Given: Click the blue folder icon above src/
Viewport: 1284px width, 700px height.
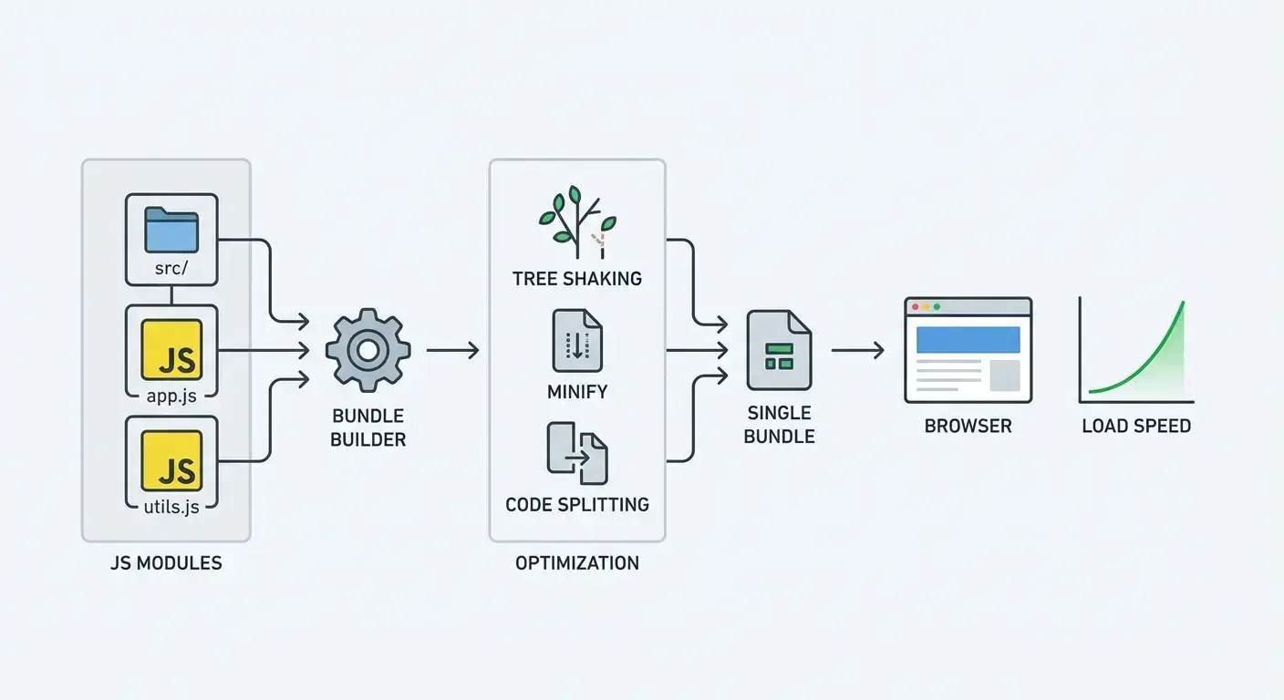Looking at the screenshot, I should coord(171,230).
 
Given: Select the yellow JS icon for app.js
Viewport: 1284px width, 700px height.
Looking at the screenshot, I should coord(171,350).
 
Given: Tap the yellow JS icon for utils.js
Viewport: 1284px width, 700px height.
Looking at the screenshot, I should coord(171,461).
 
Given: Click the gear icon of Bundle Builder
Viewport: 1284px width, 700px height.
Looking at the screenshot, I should coord(368,350).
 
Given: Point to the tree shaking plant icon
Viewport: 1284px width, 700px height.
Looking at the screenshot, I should coord(576,221).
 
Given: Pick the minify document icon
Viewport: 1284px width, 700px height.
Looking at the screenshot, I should coord(576,340).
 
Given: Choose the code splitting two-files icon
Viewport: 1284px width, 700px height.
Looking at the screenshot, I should coord(576,453).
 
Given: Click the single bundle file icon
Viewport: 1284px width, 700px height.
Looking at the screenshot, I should coord(778,350).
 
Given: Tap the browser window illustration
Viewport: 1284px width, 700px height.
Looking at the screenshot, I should coord(968,350).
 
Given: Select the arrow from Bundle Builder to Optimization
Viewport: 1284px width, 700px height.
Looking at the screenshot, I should coord(452,350).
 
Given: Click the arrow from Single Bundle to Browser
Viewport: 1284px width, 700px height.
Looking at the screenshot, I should coord(857,350).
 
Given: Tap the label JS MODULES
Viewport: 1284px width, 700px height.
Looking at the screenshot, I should coord(165,563).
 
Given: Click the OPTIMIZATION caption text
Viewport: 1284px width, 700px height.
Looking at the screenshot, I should coord(576,563).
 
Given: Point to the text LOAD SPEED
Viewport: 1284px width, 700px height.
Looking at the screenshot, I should coord(1135,427).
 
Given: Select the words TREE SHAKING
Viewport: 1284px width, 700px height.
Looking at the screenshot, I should coord(576,279).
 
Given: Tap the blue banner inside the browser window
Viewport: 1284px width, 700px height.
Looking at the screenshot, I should coord(968,339).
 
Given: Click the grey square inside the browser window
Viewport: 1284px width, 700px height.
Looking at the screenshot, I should coord(1004,376).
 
